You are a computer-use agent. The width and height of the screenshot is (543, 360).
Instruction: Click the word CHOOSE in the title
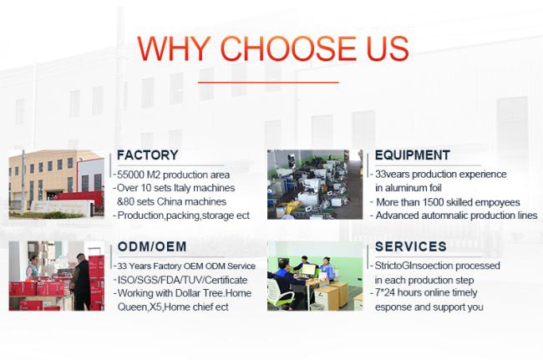click(x=288, y=48)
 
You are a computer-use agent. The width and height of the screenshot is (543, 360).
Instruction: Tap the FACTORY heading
click(x=148, y=155)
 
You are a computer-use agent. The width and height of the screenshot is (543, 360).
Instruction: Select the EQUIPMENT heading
click(x=413, y=155)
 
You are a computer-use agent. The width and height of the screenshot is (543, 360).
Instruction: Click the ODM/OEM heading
click(x=152, y=246)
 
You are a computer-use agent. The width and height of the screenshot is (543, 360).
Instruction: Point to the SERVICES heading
click(x=411, y=246)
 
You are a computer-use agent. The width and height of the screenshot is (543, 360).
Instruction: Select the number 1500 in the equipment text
click(x=433, y=202)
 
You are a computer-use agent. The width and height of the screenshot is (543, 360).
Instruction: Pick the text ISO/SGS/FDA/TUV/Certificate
click(x=182, y=280)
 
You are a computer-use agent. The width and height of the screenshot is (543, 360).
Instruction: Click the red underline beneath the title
click(x=268, y=83)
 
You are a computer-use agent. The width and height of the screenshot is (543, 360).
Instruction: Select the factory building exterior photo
click(x=57, y=184)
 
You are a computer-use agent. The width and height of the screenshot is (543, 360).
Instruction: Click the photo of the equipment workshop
click(x=315, y=185)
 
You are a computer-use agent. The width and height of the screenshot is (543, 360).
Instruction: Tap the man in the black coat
click(x=82, y=281)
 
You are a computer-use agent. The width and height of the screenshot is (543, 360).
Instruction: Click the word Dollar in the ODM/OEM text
click(x=188, y=293)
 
